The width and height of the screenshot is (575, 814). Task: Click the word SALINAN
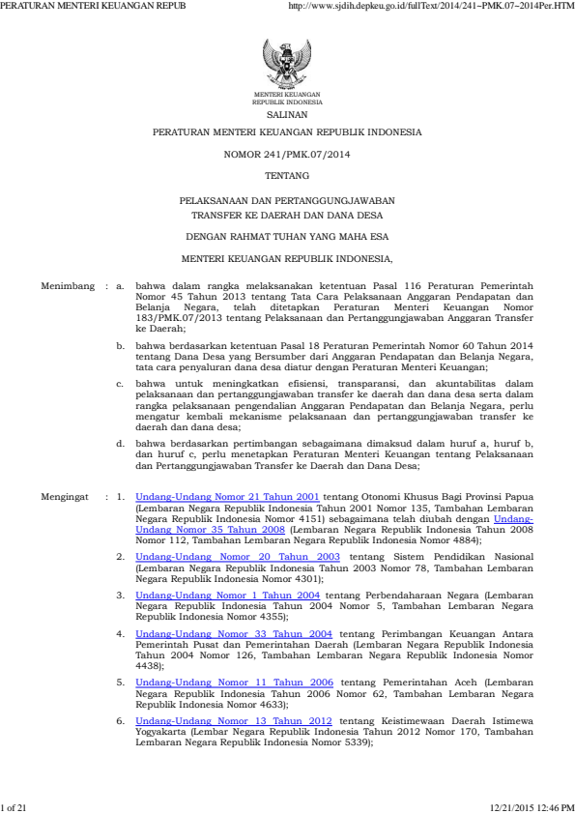tap(287, 113)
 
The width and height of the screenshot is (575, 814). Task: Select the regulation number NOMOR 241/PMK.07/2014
tap(287, 154)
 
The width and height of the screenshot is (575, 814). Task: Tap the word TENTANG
tap(287, 175)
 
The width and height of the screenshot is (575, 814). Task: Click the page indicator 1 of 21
tap(14, 805)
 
